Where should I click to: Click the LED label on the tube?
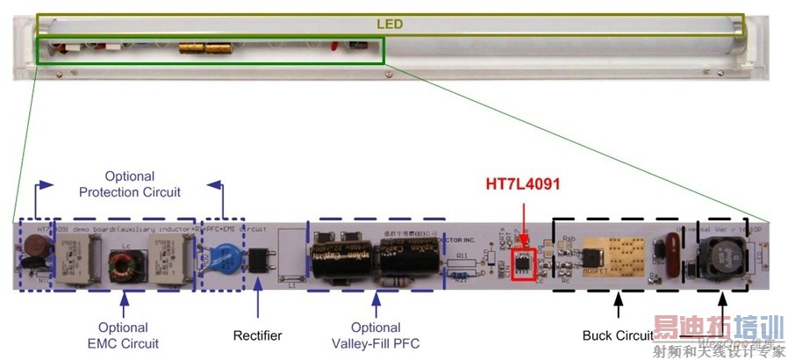coord(390,24)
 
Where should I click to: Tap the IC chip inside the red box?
coord(524,260)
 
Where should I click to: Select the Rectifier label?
coord(258,335)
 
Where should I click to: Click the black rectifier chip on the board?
coord(259,261)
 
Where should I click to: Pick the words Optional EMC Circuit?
coord(124,335)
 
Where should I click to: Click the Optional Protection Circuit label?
coord(129,184)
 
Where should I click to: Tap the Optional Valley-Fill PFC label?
coord(376,335)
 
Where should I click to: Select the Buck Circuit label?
coord(618,335)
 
